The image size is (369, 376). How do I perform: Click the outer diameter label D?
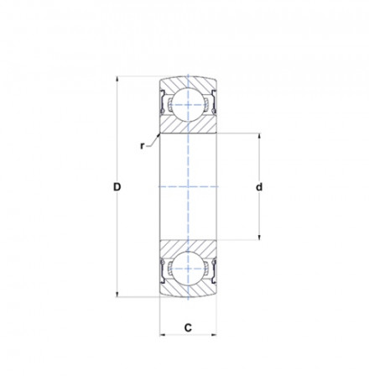tap(117, 187)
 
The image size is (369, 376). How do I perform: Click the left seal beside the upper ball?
tap(164, 104)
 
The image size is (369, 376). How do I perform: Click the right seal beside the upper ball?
tap(214, 104)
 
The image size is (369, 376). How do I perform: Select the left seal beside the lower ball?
tap(164, 270)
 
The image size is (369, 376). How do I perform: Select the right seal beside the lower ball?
tap(214, 270)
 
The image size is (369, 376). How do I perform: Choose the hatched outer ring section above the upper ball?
tap(189, 85)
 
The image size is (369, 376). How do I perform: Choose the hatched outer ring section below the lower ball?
tap(189, 290)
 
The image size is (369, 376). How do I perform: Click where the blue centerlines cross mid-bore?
tap(189, 187)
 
